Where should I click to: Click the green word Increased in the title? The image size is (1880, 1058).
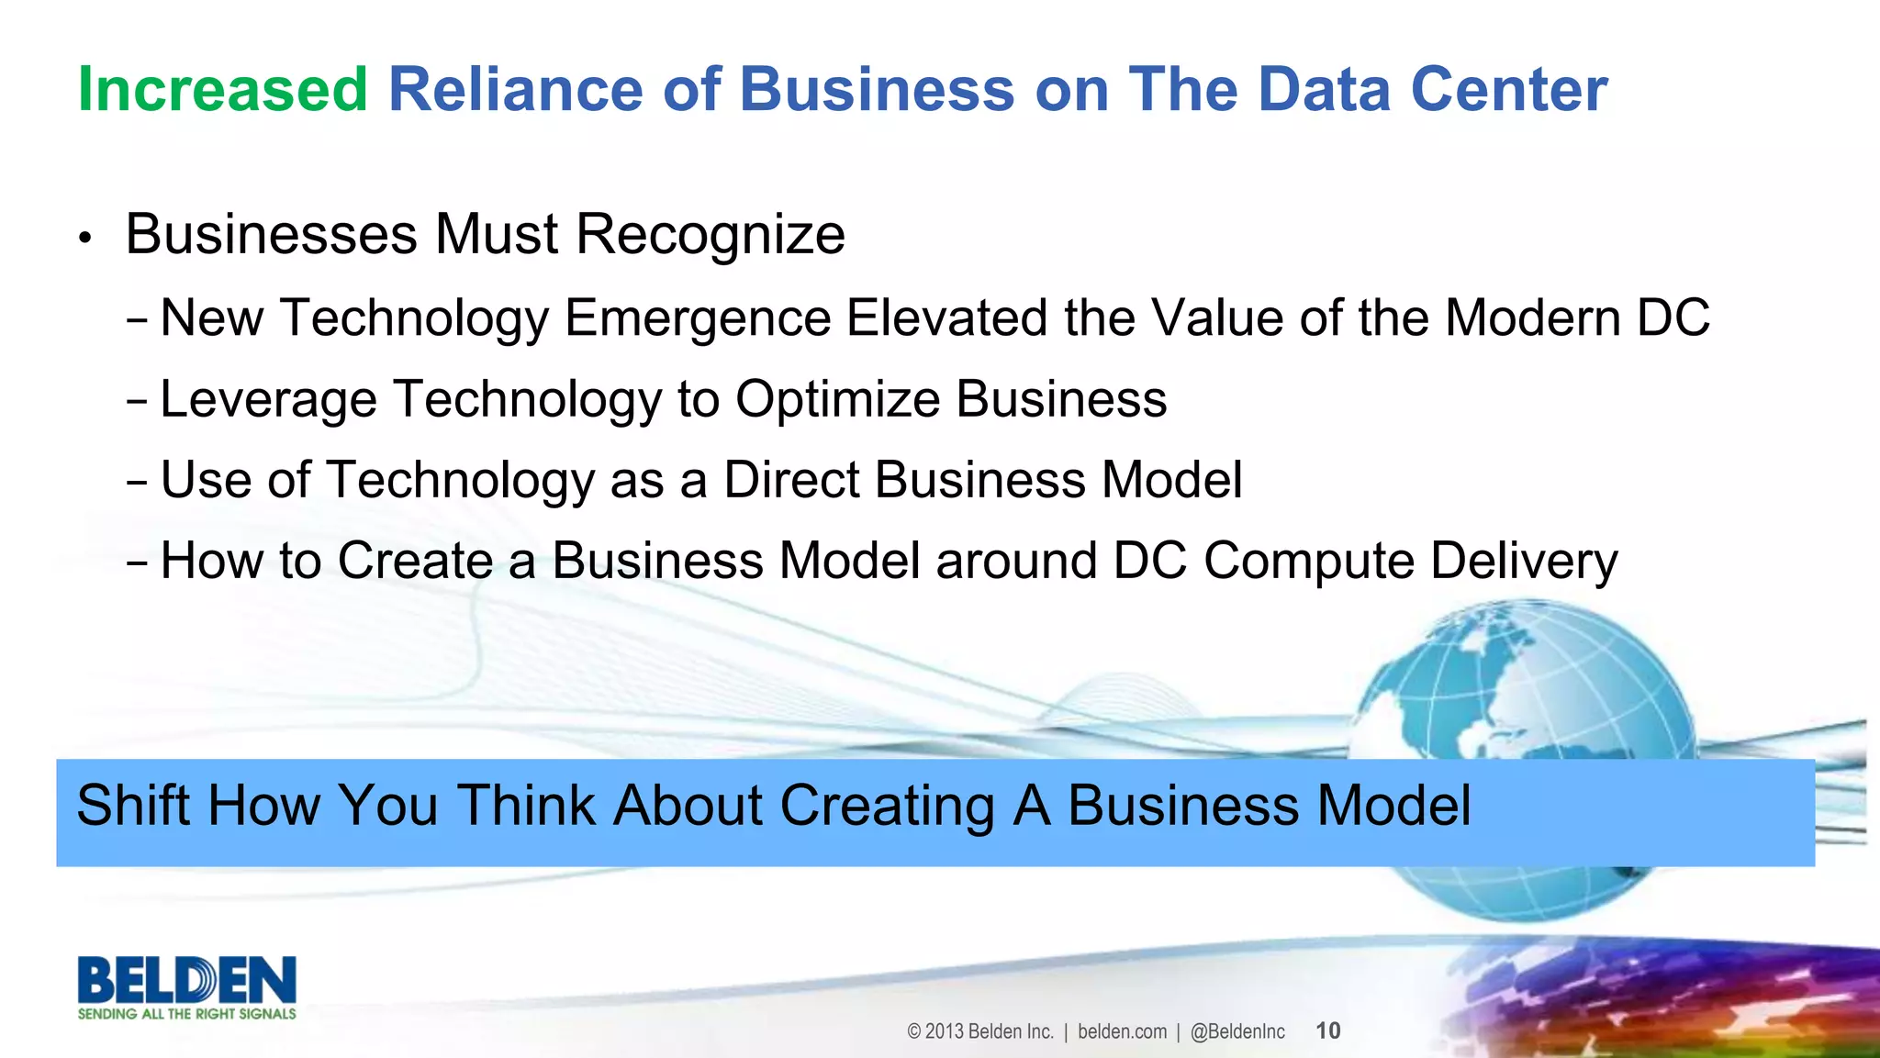tap(222, 90)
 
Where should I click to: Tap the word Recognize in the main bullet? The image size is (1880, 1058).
tap(710, 235)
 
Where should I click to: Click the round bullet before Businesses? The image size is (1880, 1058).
tap(85, 239)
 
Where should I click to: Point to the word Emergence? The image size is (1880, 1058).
tap(698, 318)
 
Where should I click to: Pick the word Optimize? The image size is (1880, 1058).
tap(838, 400)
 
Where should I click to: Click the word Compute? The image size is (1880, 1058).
tap(1309, 561)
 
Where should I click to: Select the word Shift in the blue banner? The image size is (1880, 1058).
tap(134, 806)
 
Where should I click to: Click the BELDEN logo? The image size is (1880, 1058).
tap(187, 980)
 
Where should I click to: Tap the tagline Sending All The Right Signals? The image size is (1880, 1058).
tap(187, 1014)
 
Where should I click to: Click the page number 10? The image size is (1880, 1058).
tap(1327, 1030)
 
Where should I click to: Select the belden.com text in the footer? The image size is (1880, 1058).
tap(1122, 1031)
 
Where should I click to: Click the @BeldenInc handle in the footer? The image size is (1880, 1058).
tap(1237, 1031)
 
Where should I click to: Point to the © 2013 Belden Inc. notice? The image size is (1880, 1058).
tap(979, 1031)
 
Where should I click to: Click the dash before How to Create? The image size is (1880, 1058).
tap(138, 563)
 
